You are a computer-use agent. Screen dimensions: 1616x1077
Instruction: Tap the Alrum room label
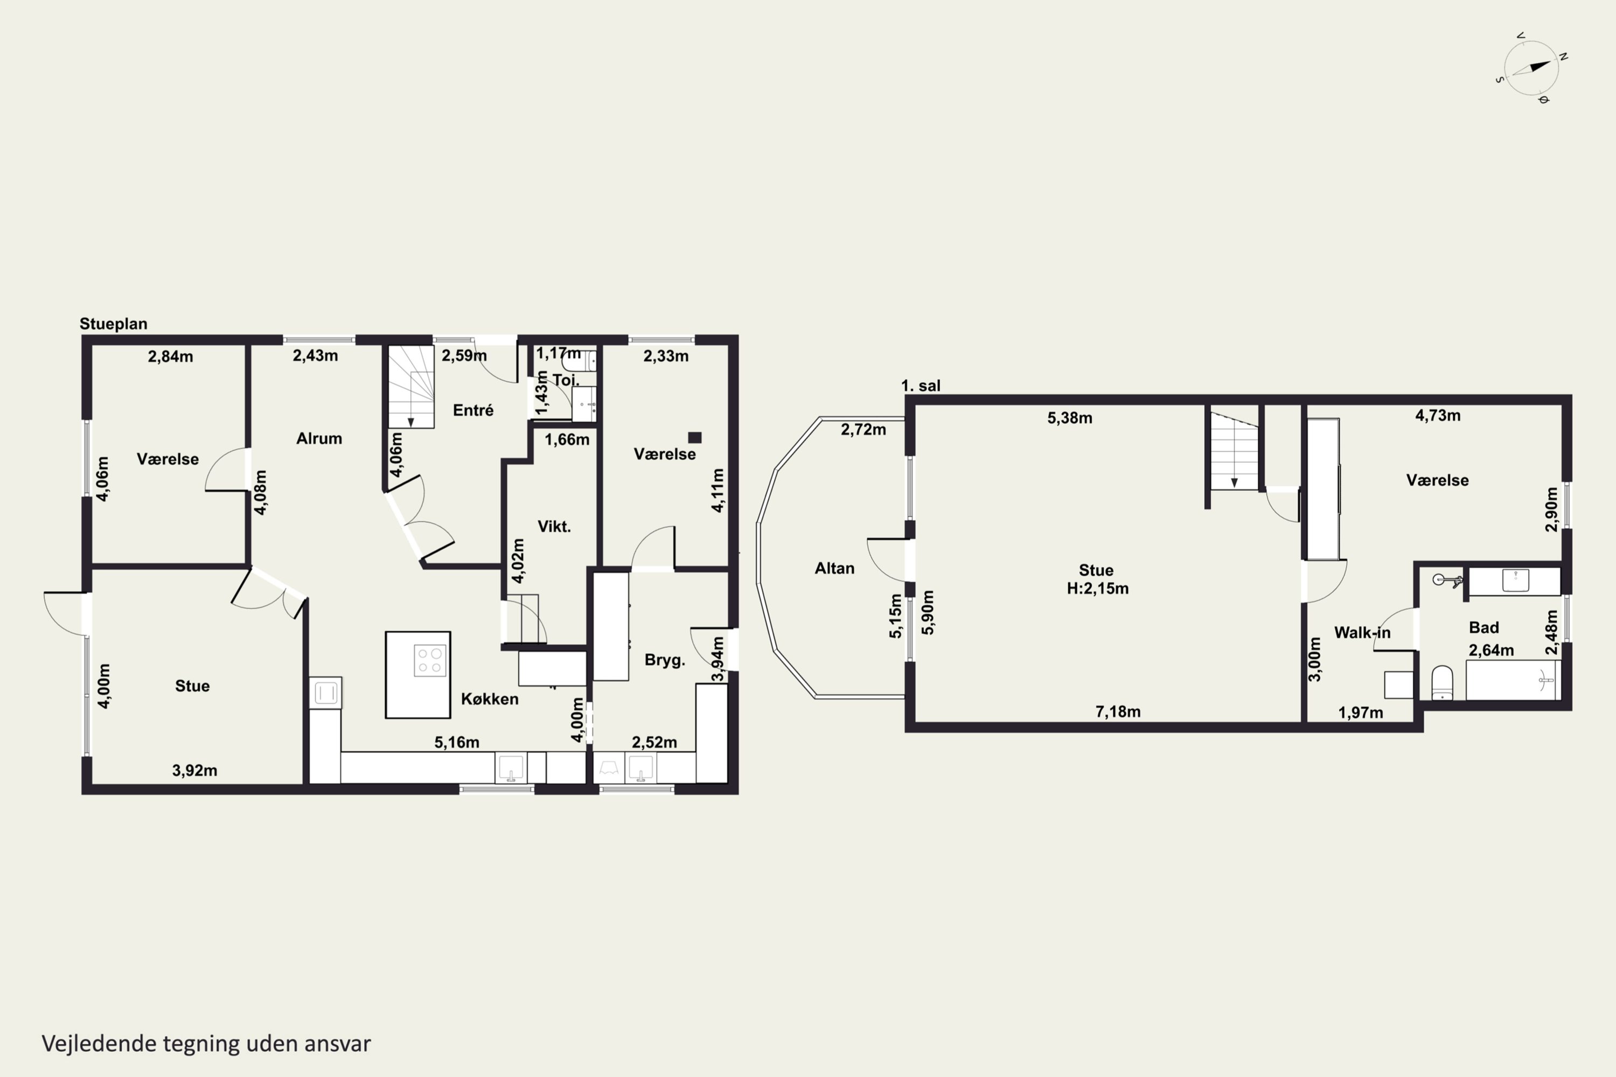coord(319,439)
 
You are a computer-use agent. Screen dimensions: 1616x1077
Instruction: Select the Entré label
coord(473,410)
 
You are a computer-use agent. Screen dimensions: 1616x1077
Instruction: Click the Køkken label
coord(489,699)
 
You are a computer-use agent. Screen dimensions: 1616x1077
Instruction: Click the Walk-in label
coord(1362,633)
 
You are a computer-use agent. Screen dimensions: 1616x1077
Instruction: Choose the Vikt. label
coord(554,527)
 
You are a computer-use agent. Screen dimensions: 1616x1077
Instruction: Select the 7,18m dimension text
coord(1118,711)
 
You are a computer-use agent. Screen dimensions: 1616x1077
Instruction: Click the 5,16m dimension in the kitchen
coord(457,743)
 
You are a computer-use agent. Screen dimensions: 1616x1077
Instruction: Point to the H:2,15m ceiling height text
coord(1097,589)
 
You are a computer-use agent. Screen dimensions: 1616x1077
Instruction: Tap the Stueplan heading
coord(113,324)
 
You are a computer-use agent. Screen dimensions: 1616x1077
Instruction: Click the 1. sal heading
coord(921,386)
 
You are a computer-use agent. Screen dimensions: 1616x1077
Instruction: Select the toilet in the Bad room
coord(1441,683)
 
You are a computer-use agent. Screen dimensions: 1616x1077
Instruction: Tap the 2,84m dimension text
coord(170,356)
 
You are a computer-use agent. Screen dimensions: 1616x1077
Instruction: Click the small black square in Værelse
coord(695,437)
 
